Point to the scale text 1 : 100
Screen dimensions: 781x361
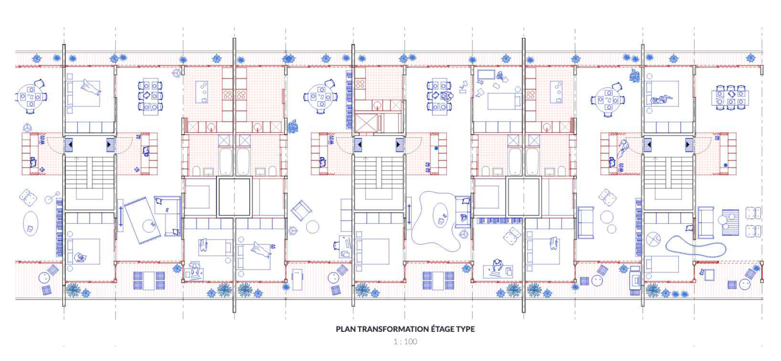(405, 341)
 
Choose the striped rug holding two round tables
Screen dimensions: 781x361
(730, 222)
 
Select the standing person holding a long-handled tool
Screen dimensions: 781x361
(622, 149)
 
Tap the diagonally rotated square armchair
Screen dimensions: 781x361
(301, 210)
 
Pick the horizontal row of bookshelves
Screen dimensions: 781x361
(500, 221)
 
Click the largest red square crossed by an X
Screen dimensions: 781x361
(366, 123)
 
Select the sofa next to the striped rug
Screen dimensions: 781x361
(706, 223)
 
